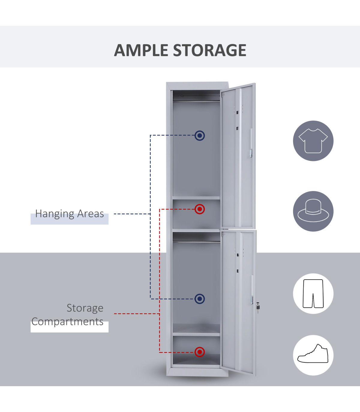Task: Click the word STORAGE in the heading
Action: pos(210,50)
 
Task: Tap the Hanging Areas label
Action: pos(70,214)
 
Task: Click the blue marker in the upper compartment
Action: pos(199,135)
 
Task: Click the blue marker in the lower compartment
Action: pos(199,299)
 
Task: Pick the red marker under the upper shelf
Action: pos(199,209)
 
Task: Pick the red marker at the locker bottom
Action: pos(199,352)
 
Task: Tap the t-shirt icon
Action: pos(313,141)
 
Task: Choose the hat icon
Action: pos(313,211)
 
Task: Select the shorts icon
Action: pos(313,294)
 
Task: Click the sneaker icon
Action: pos(313,355)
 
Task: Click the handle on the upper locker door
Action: pos(251,143)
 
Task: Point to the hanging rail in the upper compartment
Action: pos(196,101)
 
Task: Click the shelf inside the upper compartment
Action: pos(196,198)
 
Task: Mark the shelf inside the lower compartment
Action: pos(196,334)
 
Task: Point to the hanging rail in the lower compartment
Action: pos(196,241)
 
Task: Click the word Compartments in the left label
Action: pos(67,322)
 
